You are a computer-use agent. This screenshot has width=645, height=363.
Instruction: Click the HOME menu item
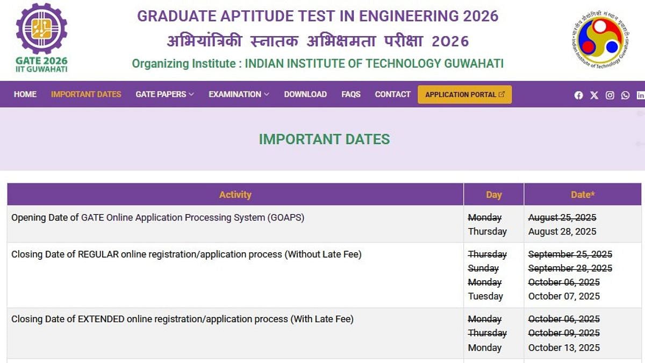pos(25,94)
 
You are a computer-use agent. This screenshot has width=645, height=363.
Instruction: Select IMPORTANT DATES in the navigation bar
pos(86,94)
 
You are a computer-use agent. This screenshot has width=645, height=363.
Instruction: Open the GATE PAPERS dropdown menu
pos(164,94)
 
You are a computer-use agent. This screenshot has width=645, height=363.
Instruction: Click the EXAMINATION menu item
pos(239,94)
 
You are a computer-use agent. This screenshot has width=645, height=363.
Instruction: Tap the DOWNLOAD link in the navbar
pos(305,94)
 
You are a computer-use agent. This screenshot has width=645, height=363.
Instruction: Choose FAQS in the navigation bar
pos(351,94)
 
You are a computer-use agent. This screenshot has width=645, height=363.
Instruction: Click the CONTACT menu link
pos(393,94)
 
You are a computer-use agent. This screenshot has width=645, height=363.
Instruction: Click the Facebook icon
pos(578,95)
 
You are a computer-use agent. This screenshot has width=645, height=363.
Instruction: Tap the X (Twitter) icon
pos(594,95)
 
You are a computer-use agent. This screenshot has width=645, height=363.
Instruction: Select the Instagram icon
pos(610,95)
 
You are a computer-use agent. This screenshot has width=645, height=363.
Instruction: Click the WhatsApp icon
pos(625,95)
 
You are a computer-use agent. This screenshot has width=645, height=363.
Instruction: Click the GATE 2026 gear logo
pos(42,29)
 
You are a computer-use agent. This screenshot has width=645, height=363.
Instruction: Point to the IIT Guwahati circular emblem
pos(600,39)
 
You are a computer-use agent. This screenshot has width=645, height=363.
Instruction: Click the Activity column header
pos(235,195)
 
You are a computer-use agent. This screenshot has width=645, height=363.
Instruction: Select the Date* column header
pos(583,195)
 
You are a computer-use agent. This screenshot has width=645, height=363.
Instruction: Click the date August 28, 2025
pos(562,231)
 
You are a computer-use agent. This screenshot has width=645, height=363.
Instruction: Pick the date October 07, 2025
pos(564,296)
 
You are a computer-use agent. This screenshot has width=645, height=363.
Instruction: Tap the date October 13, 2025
pos(564,347)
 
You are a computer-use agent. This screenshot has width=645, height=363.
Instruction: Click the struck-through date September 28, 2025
pos(570,268)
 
